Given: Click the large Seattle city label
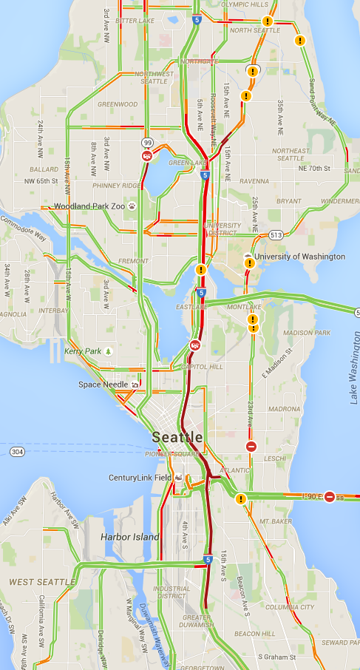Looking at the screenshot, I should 178,436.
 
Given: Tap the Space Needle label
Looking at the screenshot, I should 103,385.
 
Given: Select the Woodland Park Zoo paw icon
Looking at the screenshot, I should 132,206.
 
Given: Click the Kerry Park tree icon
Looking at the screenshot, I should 108,351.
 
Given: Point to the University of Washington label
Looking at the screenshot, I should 299,257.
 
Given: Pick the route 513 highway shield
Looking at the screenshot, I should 276,235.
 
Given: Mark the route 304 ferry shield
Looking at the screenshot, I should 16,450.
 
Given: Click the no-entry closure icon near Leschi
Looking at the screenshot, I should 251,447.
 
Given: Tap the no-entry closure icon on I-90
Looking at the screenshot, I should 330,496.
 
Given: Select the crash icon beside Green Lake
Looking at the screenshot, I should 147,156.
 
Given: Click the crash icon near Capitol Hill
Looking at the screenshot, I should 194,345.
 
